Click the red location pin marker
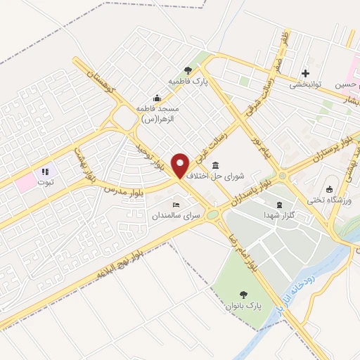[181, 166]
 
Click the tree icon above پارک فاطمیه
[187, 70]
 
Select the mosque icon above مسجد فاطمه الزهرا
[156, 98]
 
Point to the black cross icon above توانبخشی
[305, 73]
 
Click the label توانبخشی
[305, 84]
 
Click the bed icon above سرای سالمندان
[176, 204]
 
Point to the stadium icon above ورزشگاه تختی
[329, 188]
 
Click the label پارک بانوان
[243, 306]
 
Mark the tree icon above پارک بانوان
[243, 295]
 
